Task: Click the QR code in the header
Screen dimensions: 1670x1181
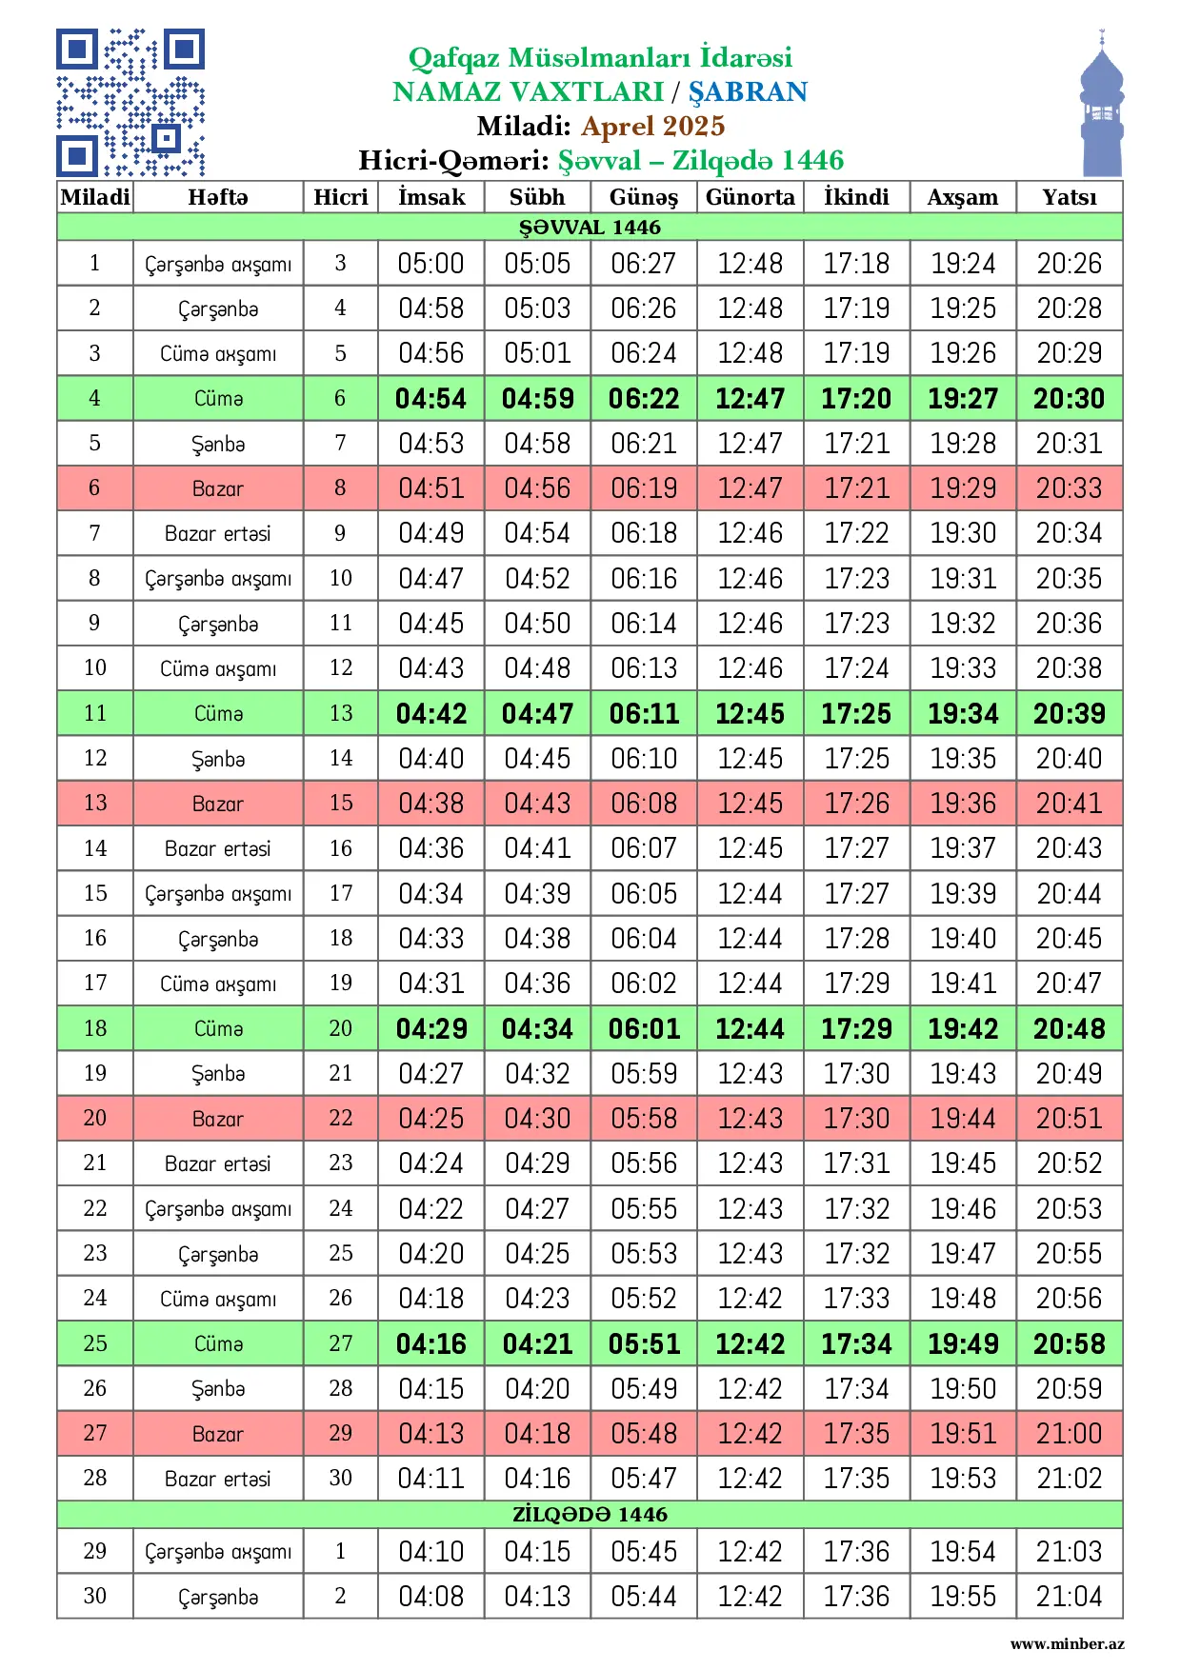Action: [130, 102]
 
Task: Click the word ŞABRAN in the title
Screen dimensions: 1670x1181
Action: [748, 91]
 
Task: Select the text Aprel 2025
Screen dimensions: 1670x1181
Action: [653, 126]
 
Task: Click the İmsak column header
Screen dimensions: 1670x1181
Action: [431, 197]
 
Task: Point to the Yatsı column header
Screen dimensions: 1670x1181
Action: [1069, 197]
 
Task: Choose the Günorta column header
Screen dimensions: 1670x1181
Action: [750, 197]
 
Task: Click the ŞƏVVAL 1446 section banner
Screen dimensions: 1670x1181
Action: [590, 227]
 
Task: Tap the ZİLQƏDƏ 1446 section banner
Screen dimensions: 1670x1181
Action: [590, 1514]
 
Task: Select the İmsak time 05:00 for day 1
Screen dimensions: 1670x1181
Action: [431, 264]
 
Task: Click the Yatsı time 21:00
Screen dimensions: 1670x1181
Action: [1069, 1434]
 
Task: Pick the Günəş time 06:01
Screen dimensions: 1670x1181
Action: [644, 1029]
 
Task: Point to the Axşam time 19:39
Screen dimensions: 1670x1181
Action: [963, 894]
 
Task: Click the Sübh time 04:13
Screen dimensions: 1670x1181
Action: [537, 1597]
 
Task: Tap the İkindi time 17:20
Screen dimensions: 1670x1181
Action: [856, 399]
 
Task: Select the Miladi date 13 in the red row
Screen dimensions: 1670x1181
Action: [94, 803]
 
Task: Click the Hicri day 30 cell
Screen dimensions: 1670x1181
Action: [340, 1478]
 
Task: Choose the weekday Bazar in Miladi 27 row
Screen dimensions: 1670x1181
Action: [218, 1434]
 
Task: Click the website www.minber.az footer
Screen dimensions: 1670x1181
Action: [1067, 1643]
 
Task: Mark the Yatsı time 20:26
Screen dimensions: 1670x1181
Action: [1069, 264]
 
